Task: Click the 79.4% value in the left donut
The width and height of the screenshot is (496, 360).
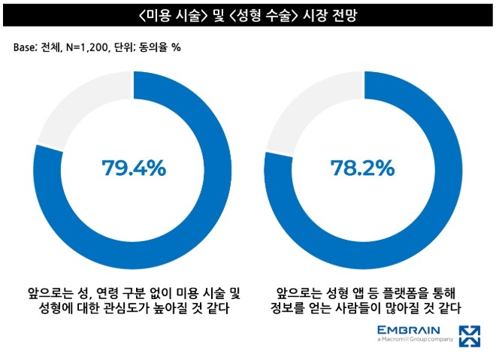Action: [x=133, y=168]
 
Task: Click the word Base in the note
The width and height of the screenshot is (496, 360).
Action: [x=26, y=47]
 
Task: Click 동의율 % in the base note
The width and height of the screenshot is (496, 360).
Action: [x=159, y=47]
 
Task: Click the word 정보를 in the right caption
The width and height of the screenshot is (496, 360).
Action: [x=289, y=308]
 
